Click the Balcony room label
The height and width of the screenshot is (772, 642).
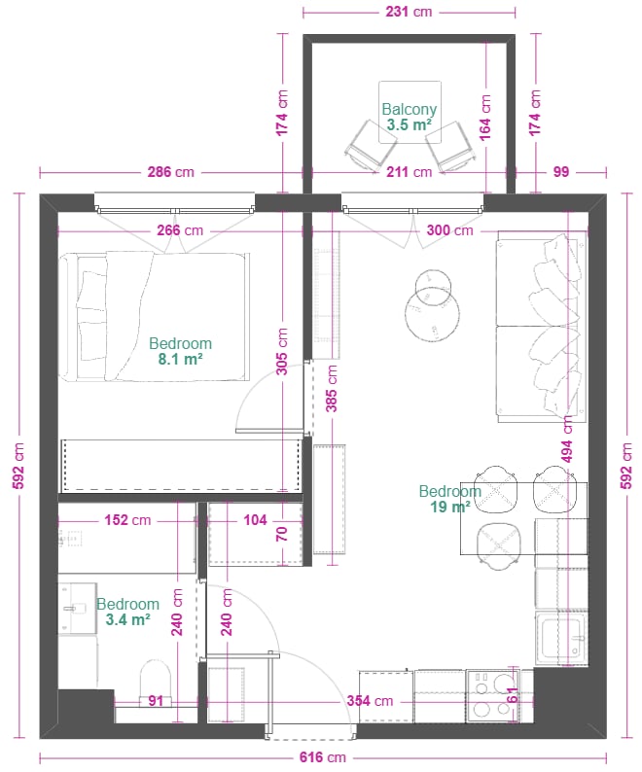(409, 109)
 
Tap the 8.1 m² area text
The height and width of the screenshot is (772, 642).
(180, 359)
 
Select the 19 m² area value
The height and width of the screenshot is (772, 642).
(450, 507)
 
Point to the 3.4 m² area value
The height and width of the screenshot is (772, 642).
(127, 619)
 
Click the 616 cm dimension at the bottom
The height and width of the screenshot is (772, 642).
(323, 757)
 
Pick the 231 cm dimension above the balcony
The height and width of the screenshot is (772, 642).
(409, 12)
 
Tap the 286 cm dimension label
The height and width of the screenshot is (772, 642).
(171, 172)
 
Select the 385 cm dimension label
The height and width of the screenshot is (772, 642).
(332, 389)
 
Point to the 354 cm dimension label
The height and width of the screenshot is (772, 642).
(370, 701)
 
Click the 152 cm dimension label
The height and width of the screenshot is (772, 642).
(127, 520)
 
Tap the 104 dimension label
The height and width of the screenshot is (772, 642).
(255, 520)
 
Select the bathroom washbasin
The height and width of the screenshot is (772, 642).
(78, 608)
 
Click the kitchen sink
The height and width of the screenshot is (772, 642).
(561, 639)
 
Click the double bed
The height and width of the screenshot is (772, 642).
(155, 317)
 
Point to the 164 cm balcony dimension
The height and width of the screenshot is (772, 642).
(485, 118)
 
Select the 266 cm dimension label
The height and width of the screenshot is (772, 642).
(180, 229)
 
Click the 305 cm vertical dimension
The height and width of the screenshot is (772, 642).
(282, 352)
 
